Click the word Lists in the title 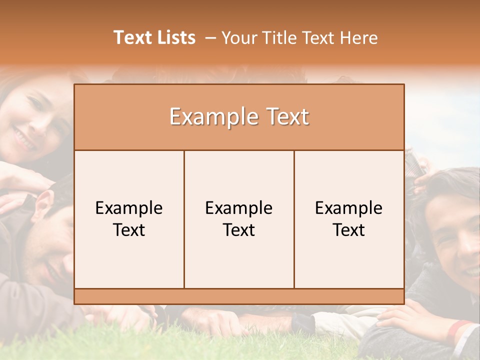click(x=174, y=37)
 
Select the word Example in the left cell click(x=129, y=208)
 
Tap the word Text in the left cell click(x=129, y=230)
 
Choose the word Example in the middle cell click(x=239, y=208)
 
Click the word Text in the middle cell click(x=239, y=230)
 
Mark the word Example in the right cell click(x=349, y=208)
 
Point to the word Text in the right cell click(x=349, y=230)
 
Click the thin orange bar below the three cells click(x=239, y=296)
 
